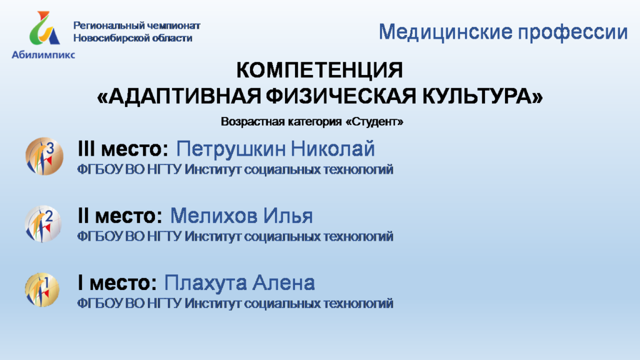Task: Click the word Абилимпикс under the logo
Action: (43, 55)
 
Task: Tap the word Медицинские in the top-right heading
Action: (445, 32)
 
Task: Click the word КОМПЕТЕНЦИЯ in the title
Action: (319, 70)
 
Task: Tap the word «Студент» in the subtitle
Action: (374, 122)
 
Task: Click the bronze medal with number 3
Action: (44, 156)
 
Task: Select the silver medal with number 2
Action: (43, 224)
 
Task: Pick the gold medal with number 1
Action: (42, 290)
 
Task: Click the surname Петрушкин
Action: (231, 149)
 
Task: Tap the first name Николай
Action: (332, 148)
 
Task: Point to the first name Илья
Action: (287, 216)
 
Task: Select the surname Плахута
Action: (205, 283)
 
